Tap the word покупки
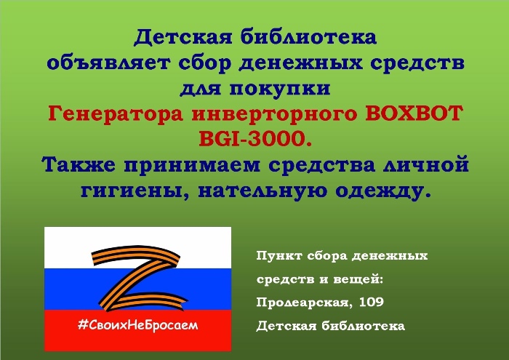click(280, 89)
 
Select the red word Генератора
click(116, 113)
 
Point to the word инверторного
click(274, 114)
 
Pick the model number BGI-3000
click(255, 139)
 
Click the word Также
click(79, 164)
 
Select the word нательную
click(263, 191)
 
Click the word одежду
click(383, 191)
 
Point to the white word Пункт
click(279, 256)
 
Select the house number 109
click(372, 303)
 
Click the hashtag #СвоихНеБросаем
click(138, 324)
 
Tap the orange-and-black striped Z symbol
click(139, 279)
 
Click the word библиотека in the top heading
click(308, 37)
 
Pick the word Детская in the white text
click(286, 326)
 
